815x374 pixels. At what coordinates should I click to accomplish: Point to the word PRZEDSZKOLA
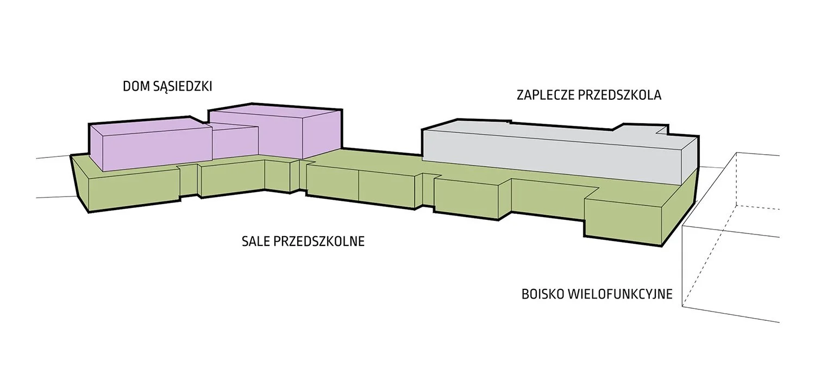click(619, 95)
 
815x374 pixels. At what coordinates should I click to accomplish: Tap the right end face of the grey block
click(689, 162)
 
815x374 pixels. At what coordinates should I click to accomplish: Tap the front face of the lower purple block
click(157, 150)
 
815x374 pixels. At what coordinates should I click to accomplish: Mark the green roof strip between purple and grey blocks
click(382, 157)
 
